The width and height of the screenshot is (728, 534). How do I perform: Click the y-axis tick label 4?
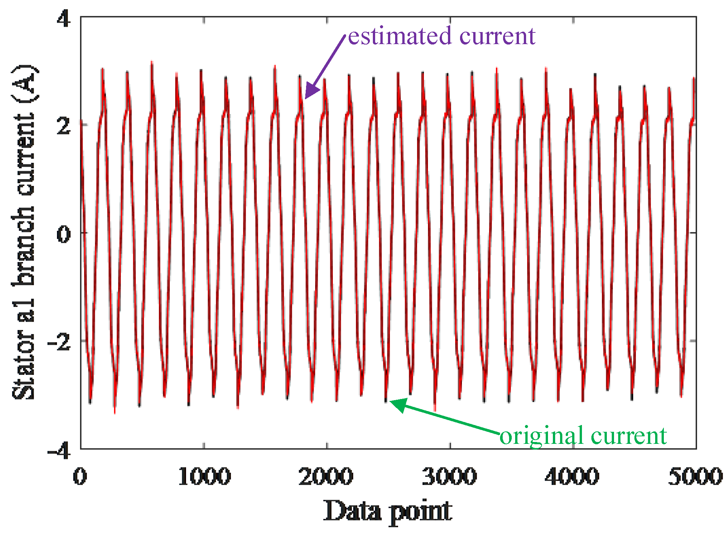63,18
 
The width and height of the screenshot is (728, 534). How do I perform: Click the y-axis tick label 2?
63,126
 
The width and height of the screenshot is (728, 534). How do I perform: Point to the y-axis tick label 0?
63,234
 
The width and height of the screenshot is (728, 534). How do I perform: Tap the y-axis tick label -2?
59,342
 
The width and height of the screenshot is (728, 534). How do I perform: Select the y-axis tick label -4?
59,450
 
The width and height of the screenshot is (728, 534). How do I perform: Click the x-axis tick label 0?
80,476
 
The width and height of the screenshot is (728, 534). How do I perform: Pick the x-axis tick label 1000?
204,476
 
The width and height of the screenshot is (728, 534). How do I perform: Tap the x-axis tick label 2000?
326,476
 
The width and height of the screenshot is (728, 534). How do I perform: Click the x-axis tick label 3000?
449,476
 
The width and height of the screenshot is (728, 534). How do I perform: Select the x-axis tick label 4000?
572,476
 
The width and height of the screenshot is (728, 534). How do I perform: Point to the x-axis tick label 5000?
695,476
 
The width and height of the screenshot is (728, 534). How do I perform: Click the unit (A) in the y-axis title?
24,84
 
